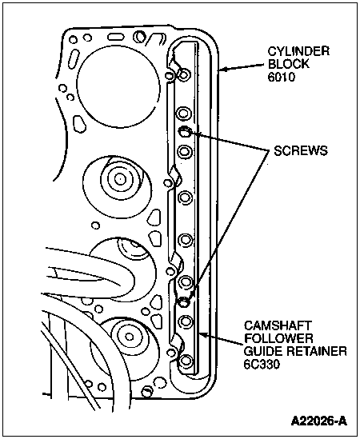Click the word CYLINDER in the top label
click(x=298, y=51)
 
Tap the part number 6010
click(x=282, y=77)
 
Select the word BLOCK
click(x=289, y=64)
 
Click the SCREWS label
click(x=301, y=151)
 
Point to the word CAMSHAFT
click(x=278, y=326)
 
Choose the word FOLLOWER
click(x=278, y=338)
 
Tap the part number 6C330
click(x=262, y=364)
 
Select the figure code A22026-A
click(x=319, y=421)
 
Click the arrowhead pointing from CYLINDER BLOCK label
click(x=222, y=69)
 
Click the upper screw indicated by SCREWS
click(x=185, y=131)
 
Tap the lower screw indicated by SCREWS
click(x=184, y=301)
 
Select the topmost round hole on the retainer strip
click(x=184, y=74)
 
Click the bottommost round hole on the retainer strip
click(x=186, y=361)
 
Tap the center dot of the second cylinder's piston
click(x=120, y=179)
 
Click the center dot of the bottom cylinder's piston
click(x=129, y=337)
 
